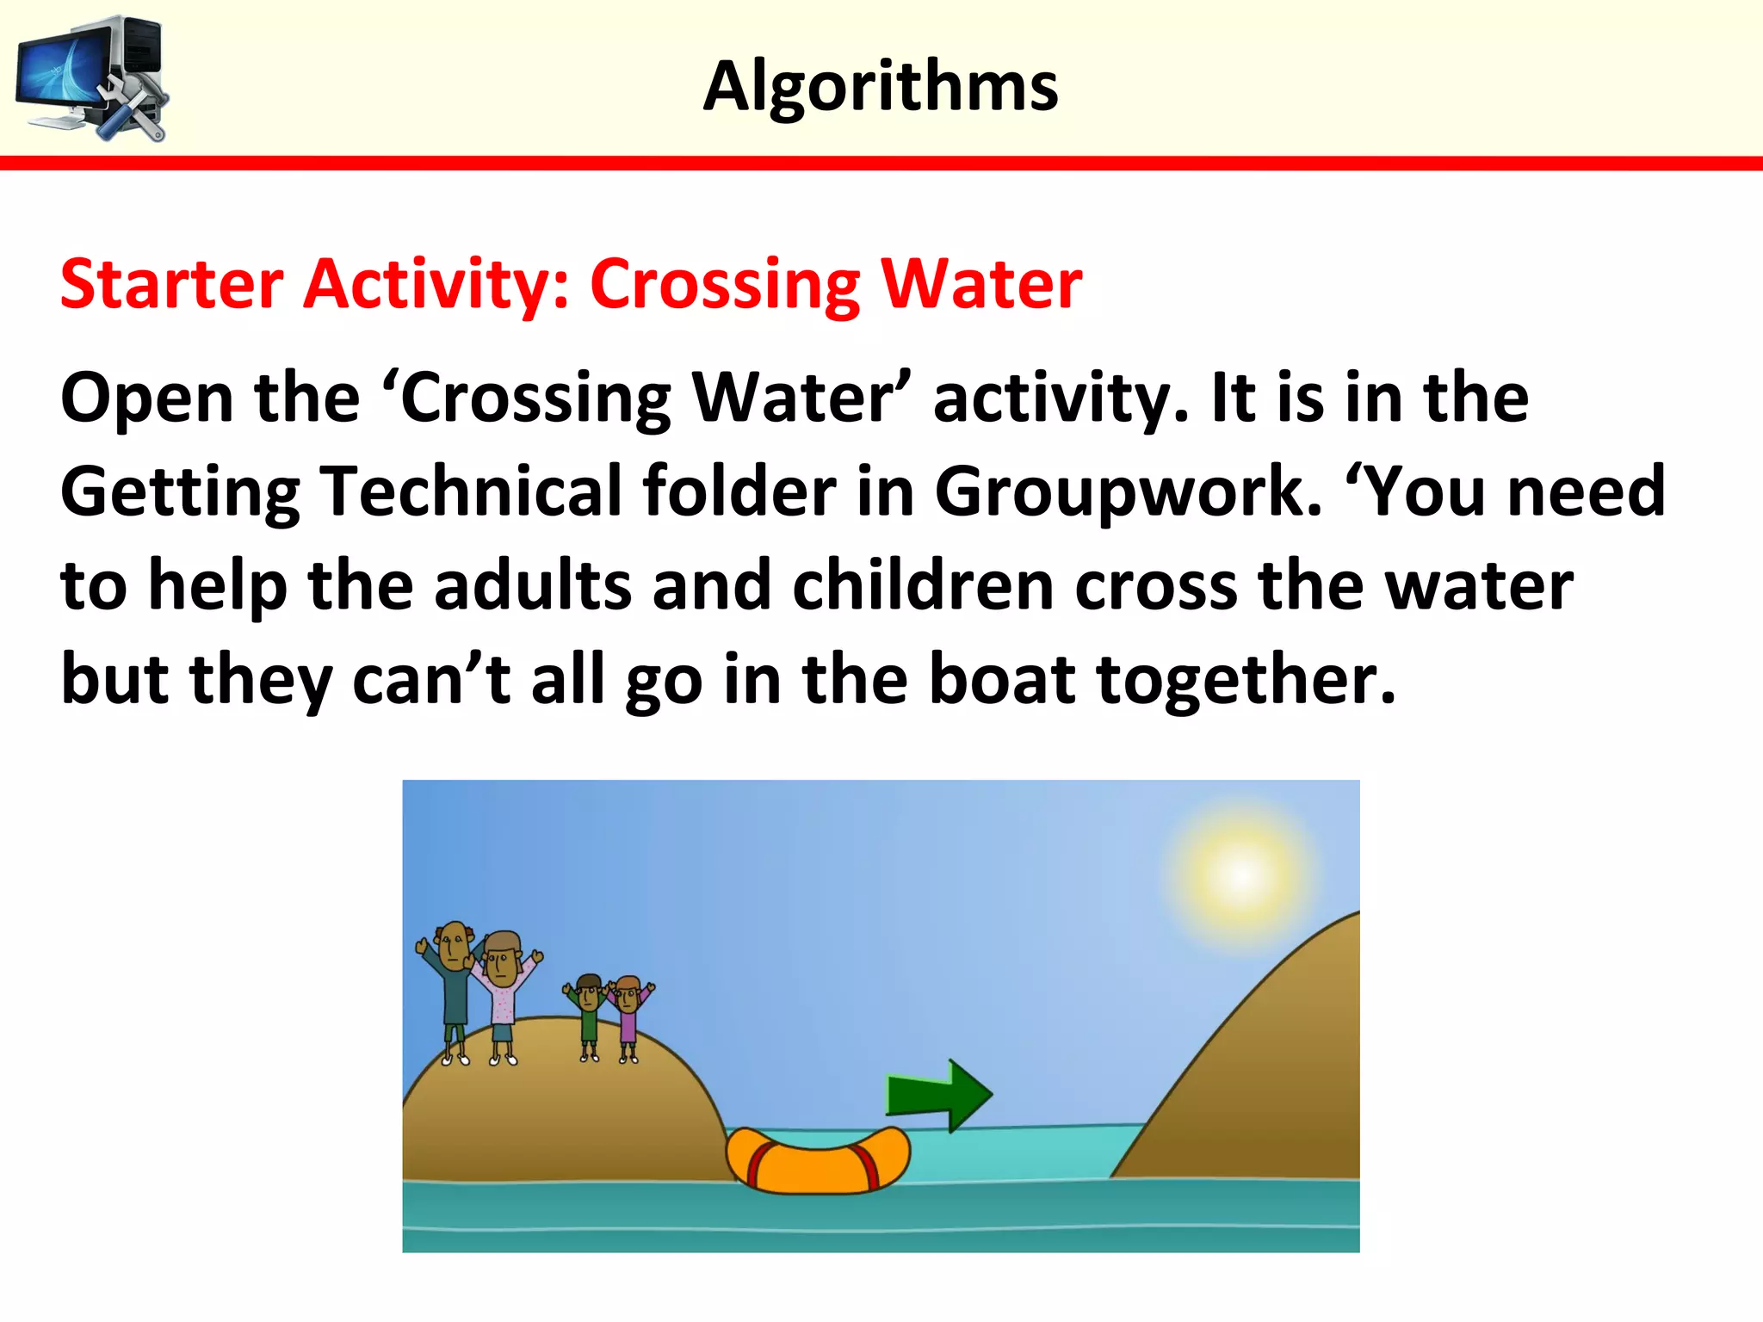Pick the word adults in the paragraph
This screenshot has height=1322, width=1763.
pos(532,585)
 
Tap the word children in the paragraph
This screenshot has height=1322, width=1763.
pos(923,585)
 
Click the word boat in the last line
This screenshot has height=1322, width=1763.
pos(1003,679)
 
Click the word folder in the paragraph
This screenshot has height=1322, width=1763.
pos(739,491)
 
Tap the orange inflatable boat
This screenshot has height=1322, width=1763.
pos(818,1160)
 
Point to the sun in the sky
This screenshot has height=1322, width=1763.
pos(1240,875)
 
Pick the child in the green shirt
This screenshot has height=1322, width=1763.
pos(588,1016)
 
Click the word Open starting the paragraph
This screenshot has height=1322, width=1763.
pos(145,398)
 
